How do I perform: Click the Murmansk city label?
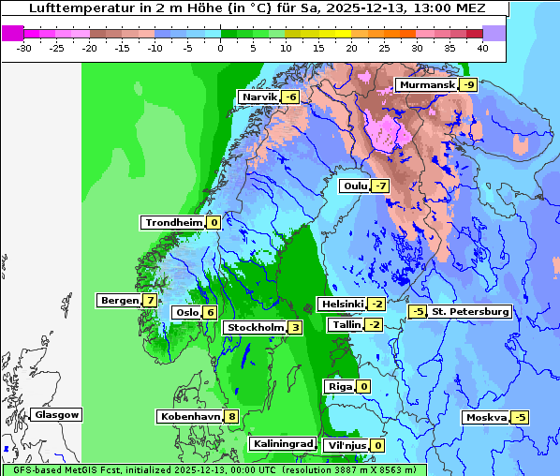pos(426,85)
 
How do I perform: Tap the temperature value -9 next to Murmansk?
pos(468,85)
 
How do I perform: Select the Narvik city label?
pos(259,97)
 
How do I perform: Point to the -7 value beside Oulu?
pos(380,186)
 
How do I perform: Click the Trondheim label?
pos(173,223)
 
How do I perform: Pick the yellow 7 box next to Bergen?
pos(151,301)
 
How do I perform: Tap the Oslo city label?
pos(187,313)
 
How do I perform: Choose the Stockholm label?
pos(254,327)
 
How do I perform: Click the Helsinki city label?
pos(341,305)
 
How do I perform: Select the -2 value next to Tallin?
pos(375,324)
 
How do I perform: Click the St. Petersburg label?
pos(469,311)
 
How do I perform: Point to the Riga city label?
pos(338,386)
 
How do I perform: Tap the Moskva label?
pos(486,418)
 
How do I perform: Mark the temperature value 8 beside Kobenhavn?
pos(231,416)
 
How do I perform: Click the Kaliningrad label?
pos(282,443)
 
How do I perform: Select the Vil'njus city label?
pos(345,445)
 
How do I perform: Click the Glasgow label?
pos(57,414)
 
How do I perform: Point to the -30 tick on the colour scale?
pos(25,47)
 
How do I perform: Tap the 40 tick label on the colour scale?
pos(481,47)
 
